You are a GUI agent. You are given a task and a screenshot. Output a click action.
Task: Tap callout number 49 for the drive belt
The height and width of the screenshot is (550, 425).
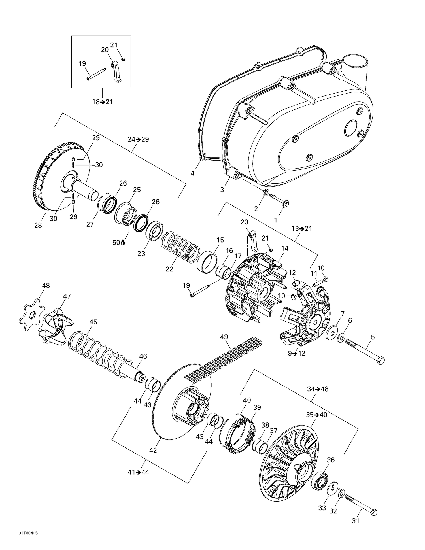coord(224,337)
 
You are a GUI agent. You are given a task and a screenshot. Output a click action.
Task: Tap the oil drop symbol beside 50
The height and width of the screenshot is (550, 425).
coord(123,243)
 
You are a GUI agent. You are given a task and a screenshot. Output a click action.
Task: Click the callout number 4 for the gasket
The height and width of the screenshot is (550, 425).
coord(192,173)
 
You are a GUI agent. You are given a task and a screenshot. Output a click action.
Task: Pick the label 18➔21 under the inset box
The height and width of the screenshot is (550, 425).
coord(102,102)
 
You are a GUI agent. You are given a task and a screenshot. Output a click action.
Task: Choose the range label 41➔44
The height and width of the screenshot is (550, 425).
coord(138,472)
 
